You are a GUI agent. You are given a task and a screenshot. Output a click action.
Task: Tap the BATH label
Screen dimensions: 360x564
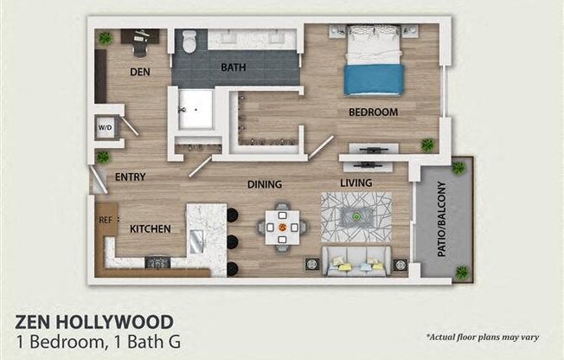[x=233, y=67]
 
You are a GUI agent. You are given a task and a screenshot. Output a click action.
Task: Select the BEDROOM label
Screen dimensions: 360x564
[x=373, y=112]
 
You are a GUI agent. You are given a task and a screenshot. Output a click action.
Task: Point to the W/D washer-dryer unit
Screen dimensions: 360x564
[x=106, y=128]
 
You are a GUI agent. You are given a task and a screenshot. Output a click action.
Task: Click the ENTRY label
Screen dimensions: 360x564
[x=130, y=177]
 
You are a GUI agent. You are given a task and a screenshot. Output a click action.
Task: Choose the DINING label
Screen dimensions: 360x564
[x=266, y=184]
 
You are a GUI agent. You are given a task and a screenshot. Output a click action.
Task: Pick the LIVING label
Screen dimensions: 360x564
[x=356, y=183]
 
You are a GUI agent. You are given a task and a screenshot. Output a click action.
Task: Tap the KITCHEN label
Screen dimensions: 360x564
[x=151, y=229]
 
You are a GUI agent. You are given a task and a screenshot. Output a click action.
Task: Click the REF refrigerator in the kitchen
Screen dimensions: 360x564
[x=106, y=220]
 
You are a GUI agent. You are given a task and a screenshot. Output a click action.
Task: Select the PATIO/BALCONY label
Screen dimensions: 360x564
[x=441, y=219]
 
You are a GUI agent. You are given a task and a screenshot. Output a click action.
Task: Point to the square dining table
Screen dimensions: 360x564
[x=282, y=228]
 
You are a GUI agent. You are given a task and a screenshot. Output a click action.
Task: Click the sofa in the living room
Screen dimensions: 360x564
[x=356, y=260]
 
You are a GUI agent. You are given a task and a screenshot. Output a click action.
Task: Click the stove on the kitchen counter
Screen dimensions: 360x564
[x=158, y=261]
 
